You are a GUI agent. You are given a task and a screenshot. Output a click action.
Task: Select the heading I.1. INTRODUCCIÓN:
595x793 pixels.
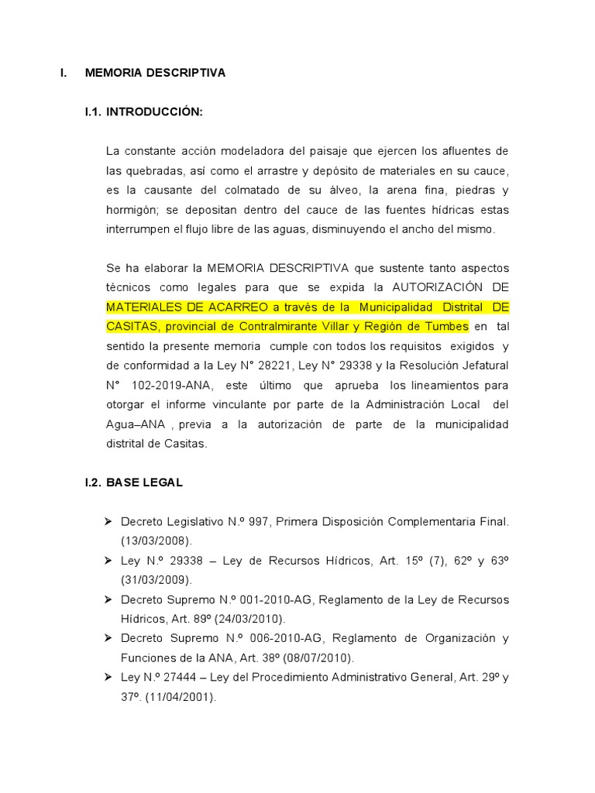[x=143, y=112]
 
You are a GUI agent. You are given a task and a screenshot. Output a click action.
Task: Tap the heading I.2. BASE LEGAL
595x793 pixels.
[x=134, y=482]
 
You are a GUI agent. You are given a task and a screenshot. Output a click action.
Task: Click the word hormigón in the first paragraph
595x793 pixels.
[x=131, y=210]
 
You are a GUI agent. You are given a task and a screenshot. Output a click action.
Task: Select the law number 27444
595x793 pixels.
[x=174, y=678]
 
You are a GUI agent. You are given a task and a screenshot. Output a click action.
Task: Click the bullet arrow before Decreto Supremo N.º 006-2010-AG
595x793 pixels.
[x=110, y=639]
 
